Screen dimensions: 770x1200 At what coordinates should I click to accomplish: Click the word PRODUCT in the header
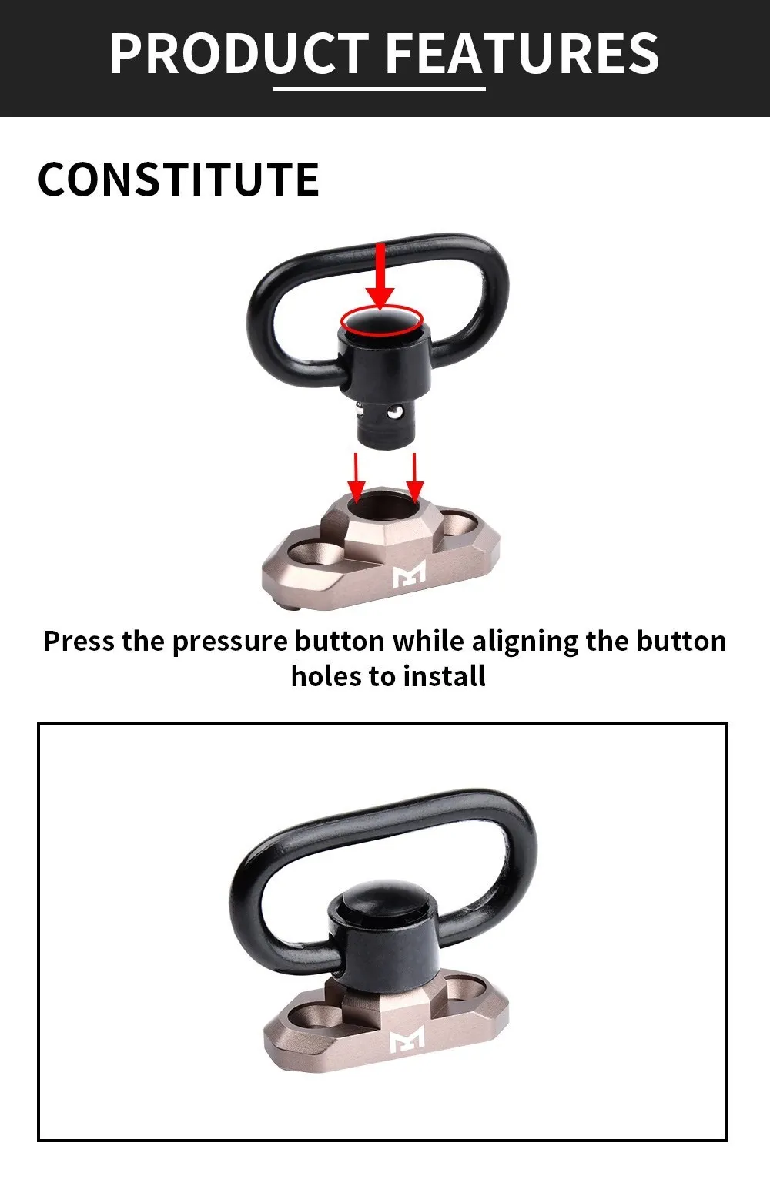coord(239,53)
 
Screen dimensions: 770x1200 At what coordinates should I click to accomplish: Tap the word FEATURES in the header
coord(523,53)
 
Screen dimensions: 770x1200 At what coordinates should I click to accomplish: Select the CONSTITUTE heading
coord(179,179)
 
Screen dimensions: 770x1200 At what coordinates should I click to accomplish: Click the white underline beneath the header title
coord(380,88)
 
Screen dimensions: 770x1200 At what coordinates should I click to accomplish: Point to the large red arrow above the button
coord(380,277)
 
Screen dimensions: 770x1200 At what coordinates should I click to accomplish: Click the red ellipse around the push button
coord(382,320)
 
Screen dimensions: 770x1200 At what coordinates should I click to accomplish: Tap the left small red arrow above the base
coord(356,477)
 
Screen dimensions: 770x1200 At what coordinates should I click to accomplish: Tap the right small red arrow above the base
coord(414,477)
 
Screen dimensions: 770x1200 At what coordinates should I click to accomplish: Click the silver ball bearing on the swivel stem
coord(395,411)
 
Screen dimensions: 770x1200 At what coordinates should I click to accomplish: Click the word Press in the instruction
coord(79,641)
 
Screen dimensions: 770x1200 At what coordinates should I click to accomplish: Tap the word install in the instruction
coord(444,675)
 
